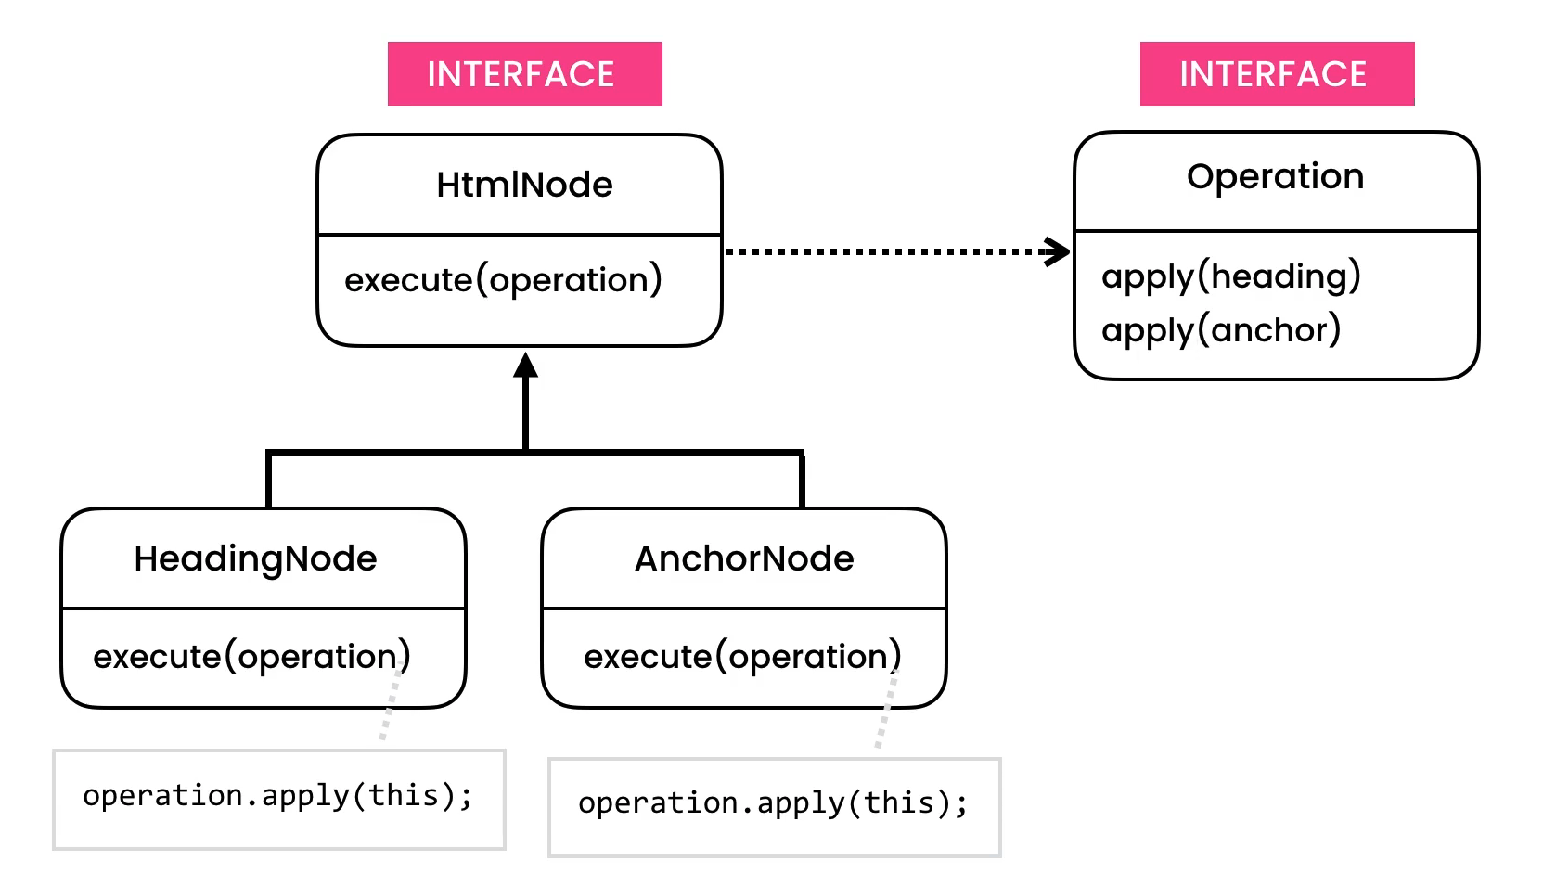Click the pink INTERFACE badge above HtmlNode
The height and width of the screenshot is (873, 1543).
[524, 74]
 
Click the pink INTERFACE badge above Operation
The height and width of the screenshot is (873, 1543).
[1277, 74]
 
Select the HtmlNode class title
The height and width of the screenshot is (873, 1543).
[524, 185]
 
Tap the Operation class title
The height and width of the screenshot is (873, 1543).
[1275, 176]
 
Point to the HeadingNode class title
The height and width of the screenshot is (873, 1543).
[255, 558]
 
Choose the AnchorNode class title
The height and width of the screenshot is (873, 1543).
[744, 558]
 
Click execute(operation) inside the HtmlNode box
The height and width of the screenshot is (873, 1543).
[503, 279]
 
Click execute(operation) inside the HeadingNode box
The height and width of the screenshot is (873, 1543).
[251, 656]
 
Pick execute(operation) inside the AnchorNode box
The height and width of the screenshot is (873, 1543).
[742, 656]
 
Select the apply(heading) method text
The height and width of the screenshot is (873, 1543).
[1230, 276]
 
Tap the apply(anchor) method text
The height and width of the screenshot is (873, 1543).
[1221, 330]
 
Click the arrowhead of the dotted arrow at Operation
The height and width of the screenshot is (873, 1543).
[1058, 251]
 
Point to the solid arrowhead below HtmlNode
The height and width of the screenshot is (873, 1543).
[526, 366]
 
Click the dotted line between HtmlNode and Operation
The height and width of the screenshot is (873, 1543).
[881, 251]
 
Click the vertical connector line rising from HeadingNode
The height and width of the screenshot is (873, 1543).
[269, 481]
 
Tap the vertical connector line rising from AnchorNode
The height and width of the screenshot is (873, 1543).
[802, 481]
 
